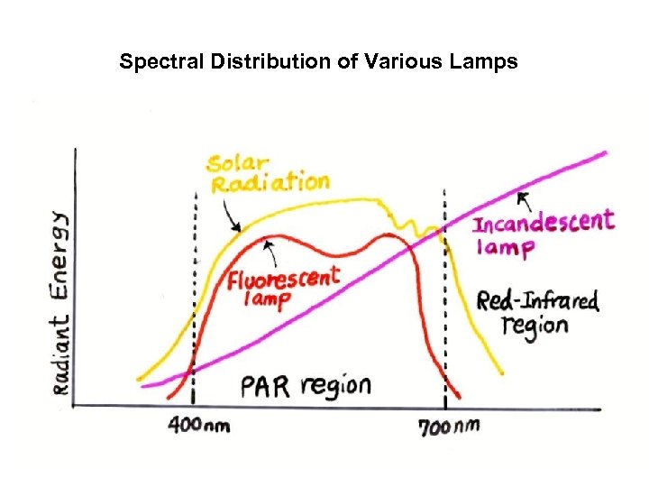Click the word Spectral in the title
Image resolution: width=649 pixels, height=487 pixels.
pos(151,62)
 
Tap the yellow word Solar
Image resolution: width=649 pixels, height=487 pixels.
pos(237,163)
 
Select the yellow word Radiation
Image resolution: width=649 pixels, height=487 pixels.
pos(270,184)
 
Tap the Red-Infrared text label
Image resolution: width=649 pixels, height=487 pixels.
pos(537,301)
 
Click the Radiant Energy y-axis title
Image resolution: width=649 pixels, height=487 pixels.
pos(59,302)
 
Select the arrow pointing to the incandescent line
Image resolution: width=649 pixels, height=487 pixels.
pos(524,199)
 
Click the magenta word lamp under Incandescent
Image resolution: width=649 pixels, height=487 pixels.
pos(505,246)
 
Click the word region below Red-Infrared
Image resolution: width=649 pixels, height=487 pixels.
pos(535,326)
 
